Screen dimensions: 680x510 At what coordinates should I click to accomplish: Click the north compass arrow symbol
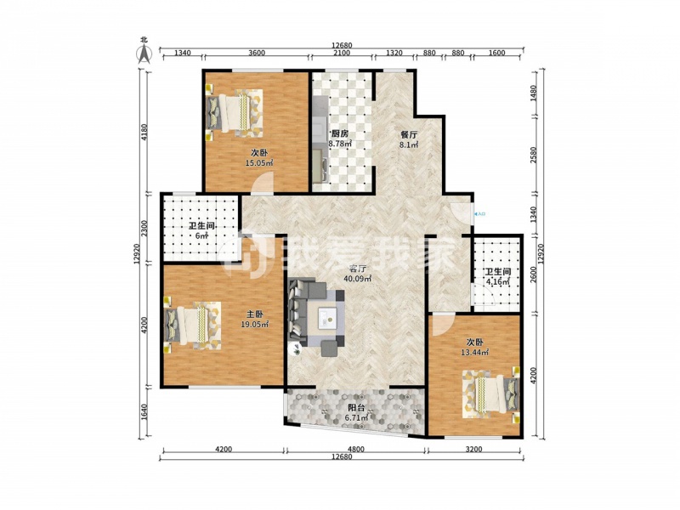point(144,54)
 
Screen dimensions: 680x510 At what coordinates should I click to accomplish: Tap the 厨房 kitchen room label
point(340,133)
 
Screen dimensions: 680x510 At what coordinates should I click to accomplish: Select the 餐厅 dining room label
point(409,134)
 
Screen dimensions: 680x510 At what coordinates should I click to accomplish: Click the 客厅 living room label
point(357,269)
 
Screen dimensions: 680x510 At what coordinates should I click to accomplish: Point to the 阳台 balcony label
point(356,408)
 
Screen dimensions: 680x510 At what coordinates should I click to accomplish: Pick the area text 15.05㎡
point(259,163)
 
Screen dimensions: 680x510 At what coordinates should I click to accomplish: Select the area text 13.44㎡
point(475,352)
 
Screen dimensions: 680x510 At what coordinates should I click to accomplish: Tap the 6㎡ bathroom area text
point(202,236)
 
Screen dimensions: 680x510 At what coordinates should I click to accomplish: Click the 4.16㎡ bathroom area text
point(497,282)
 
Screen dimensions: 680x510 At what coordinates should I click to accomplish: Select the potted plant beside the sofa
point(296,349)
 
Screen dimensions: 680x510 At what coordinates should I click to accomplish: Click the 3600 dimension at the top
point(257,53)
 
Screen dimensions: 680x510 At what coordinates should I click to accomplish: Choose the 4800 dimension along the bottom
point(355,450)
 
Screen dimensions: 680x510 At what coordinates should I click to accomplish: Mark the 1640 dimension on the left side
point(144,412)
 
